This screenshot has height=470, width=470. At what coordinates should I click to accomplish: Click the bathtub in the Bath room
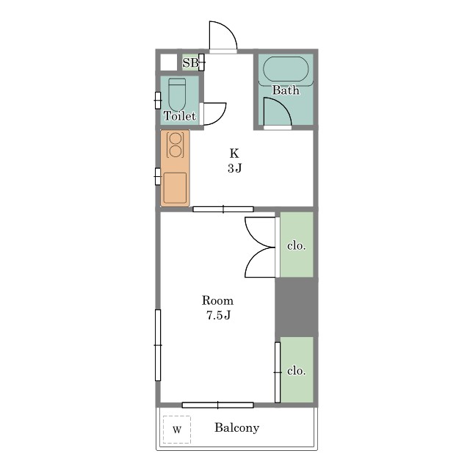(286, 69)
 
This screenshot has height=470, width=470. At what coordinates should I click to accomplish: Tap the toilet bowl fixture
(177, 95)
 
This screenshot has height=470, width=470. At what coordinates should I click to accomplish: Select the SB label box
(191, 62)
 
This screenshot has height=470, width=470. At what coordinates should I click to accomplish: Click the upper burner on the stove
(176, 139)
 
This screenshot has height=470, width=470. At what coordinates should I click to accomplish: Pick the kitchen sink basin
(175, 188)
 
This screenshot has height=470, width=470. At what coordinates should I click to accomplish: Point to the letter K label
(234, 153)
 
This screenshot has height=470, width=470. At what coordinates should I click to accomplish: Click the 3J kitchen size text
(234, 168)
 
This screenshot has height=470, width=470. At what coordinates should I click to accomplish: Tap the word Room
(217, 300)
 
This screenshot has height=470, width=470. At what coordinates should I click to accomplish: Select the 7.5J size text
(218, 315)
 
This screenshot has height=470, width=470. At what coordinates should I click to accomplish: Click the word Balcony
(236, 427)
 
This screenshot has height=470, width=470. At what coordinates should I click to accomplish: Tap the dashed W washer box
(177, 430)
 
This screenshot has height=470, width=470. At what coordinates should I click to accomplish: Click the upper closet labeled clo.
(297, 245)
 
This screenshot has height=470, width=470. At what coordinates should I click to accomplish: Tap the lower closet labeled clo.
(297, 369)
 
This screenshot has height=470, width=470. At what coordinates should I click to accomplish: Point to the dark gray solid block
(297, 307)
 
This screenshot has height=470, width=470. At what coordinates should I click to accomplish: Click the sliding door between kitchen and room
(223, 209)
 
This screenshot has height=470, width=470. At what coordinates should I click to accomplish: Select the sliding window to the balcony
(218, 405)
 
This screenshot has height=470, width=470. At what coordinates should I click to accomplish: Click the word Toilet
(179, 116)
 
